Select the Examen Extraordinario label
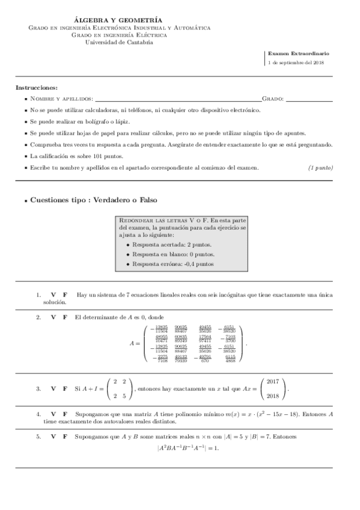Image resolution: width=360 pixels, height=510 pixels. point(298,54)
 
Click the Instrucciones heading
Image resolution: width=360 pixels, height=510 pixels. point(37,88)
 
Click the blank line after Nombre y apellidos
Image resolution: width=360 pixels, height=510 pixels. point(178,99)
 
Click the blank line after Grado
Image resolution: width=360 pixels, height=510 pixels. point(309,99)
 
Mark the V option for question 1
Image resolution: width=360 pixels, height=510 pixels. point(54,295)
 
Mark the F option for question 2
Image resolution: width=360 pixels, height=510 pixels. point(65,316)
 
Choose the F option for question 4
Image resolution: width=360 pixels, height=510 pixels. point(65,414)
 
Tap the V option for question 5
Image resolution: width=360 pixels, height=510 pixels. point(54,436)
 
